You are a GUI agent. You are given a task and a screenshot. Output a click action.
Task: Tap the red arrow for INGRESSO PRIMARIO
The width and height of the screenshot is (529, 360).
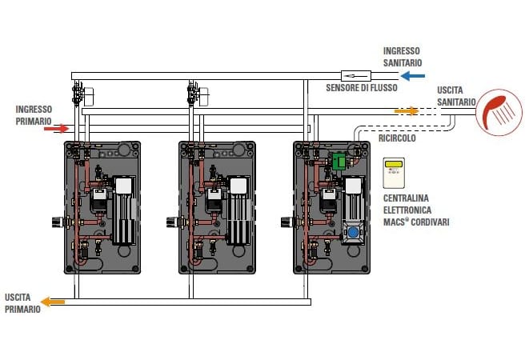[57, 127]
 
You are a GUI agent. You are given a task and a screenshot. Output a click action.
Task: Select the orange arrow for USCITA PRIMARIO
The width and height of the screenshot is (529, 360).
[54, 302]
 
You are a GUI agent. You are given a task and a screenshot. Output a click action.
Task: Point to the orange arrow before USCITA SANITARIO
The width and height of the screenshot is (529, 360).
[407, 111]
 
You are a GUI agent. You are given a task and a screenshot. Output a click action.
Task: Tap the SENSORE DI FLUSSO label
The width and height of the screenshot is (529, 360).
[360, 87]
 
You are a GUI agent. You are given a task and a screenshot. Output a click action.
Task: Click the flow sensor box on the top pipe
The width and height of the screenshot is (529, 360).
[353, 75]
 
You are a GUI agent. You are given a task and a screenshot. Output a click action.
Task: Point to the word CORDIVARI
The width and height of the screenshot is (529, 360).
[429, 222]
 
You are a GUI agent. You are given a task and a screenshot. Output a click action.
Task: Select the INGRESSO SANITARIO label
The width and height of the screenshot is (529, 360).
[402, 55]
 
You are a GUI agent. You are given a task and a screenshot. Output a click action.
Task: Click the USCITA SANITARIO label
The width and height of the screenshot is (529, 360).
[456, 96]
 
